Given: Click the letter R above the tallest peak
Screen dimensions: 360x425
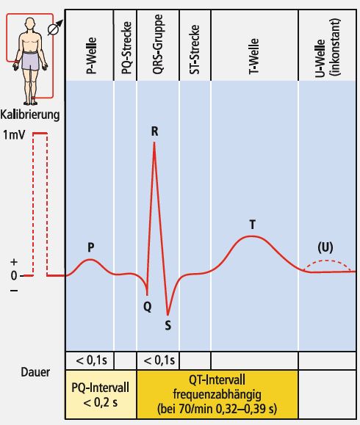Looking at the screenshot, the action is coord(154,131).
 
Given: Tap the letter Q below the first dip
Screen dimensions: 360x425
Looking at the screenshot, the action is coord(148,307).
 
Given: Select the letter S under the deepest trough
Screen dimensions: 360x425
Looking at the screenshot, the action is coord(168,325).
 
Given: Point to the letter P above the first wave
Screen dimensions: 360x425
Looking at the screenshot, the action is coord(91,247).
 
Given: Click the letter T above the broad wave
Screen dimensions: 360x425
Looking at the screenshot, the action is coord(252,225).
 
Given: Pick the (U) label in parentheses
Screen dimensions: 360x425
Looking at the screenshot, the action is coord(325,247).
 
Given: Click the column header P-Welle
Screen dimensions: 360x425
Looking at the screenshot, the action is coord(91,56).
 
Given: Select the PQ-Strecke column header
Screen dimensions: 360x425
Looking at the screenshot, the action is coord(126,48).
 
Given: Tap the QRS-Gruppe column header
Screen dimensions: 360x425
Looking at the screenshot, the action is coord(158,44).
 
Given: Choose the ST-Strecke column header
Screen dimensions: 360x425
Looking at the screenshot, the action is coord(194,49).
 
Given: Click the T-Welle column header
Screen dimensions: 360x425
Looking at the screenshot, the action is coord(253,57).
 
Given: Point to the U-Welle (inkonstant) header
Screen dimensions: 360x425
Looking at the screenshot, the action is coord(327,48).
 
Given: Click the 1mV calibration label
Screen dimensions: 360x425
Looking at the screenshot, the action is coord(14,135).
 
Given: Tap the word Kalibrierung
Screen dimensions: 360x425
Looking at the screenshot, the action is coord(30,115).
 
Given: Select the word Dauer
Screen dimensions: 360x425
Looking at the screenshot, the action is coord(35,372).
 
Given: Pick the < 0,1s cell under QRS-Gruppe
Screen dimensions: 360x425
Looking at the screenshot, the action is coord(158,360).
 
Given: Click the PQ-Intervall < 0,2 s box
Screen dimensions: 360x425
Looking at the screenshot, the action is coord(101,394).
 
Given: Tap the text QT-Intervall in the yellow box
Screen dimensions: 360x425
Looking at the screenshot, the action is coord(217,379).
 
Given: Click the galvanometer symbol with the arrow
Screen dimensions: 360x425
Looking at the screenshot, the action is coord(53,29).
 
